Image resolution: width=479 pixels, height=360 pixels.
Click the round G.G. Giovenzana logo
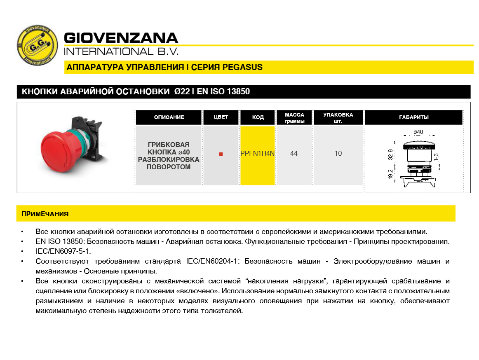pos(37,46)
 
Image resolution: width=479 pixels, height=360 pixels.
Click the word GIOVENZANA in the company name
pos(121,38)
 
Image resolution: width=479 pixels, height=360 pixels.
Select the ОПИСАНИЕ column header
pos(169,117)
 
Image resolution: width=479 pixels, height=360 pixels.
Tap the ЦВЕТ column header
pos(221,117)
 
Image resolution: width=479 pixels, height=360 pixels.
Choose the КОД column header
pos(258,117)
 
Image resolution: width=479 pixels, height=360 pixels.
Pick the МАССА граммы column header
pos(294,117)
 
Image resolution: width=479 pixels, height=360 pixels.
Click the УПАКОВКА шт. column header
pos(338,117)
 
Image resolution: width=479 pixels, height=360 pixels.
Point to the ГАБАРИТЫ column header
pos(413,117)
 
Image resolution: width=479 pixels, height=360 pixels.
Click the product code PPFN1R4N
pos(258,154)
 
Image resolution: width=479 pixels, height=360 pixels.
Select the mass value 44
pos(294,154)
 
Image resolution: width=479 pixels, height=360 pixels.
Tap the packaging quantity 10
pos(338,154)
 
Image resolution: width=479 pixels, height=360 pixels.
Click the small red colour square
pos(221,154)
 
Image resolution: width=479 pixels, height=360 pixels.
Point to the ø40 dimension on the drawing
pos(418,132)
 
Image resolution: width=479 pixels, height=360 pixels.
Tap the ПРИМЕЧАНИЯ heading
pos(45,214)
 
